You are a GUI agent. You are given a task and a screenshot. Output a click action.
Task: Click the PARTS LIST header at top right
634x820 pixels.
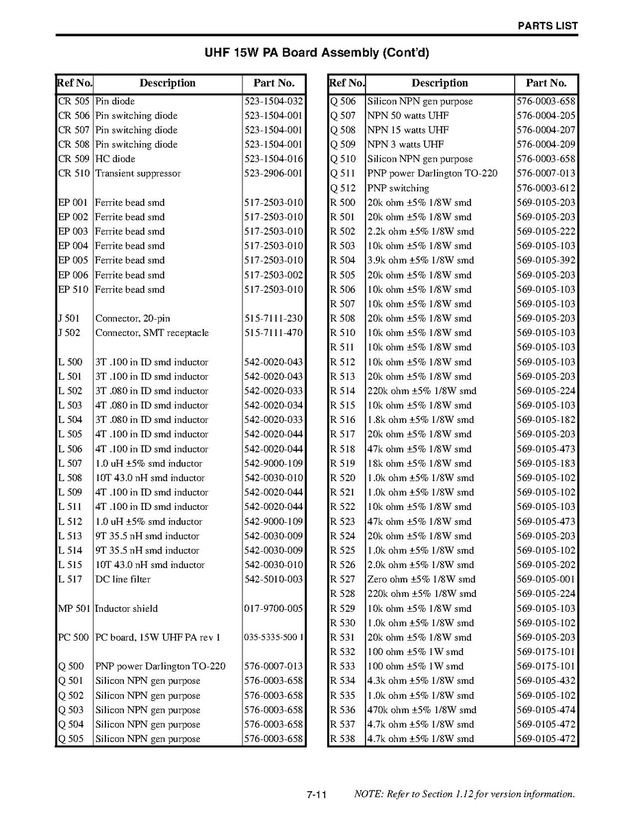tap(547, 26)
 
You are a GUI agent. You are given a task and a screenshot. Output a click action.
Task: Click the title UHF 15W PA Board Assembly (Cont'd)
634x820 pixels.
tap(317, 53)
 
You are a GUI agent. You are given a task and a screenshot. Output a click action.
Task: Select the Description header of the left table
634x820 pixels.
tap(167, 84)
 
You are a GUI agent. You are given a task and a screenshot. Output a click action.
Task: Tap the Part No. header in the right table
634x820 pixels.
tap(546, 84)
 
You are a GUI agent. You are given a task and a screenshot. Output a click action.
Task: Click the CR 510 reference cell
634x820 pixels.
tap(73, 173)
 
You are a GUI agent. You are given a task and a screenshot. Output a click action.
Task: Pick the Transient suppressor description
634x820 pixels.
tap(138, 173)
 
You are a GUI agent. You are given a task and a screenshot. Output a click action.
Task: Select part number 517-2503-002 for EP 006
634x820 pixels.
tap(273, 275)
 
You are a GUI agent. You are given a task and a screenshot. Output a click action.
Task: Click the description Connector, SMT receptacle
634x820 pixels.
tap(152, 333)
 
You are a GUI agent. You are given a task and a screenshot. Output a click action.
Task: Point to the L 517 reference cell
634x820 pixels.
tap(70, 579)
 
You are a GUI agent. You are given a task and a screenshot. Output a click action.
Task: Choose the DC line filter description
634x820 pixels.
tap(123, 579)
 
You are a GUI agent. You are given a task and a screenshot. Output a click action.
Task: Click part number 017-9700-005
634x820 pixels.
tap(273, 608)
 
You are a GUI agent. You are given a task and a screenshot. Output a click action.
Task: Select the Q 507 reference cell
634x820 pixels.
tap(343, 116)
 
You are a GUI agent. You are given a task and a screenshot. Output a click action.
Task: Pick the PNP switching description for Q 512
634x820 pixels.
tap(398, 188)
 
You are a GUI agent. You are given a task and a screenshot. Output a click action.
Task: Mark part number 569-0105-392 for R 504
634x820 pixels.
tap(546, 260)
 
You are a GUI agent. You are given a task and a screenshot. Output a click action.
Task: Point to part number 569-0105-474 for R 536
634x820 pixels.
tap(546, 710)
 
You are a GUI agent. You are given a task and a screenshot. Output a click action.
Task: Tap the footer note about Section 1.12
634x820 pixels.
tap(464, 794)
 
